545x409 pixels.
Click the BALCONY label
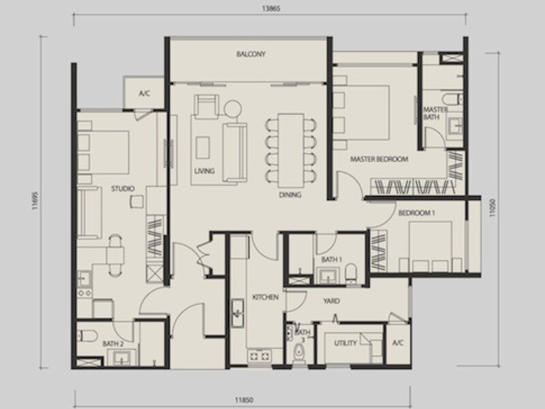[251, 54]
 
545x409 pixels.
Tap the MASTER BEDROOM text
[379, 159]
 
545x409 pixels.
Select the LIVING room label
[204, 171]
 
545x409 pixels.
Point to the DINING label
[290, 194]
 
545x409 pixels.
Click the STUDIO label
[123, 188]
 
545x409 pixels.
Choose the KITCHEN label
[264, 297]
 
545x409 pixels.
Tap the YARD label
[332, 301]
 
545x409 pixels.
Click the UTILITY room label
[345, 343]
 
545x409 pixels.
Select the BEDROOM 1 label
[416, 213]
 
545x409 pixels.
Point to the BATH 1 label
[332, 260]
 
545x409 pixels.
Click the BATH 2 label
[112, 344]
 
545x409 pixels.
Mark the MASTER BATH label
[435, 113]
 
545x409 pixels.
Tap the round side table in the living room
[232, 108]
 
